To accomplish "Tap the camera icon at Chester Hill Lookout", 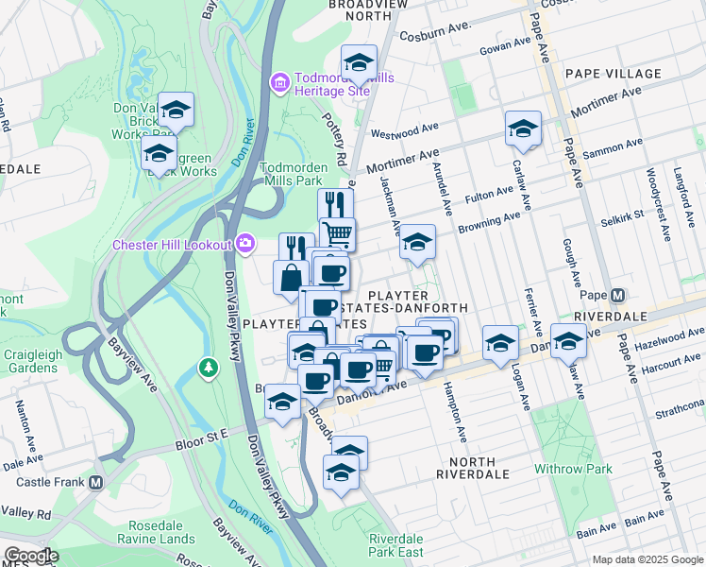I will [245, 245].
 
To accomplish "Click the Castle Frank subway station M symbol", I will [95, 482].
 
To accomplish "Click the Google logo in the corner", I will [30, 556].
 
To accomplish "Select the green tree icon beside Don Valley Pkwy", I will [208, 366].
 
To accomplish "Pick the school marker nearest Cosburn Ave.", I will [358, 63].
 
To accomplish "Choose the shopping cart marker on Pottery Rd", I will [337, 232].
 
